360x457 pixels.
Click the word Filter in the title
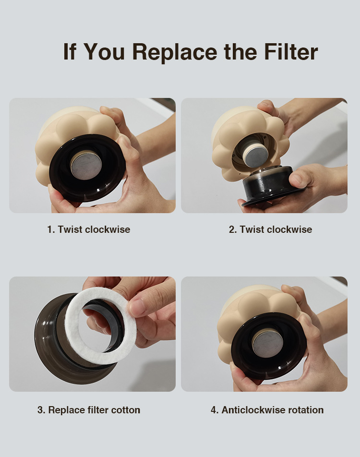[x=291, y=51]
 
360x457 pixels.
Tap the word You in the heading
[x=104, y=51]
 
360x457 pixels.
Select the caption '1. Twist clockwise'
[x=89, y=229]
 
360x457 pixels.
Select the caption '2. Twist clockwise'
[x=270, y=229]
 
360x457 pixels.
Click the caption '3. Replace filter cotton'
[x=89, y=410]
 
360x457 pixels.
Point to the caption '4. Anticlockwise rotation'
[x=267, y=410]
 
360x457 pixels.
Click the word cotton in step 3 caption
[x=126, y=410]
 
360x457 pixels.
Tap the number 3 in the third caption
[x=40, y=410]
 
